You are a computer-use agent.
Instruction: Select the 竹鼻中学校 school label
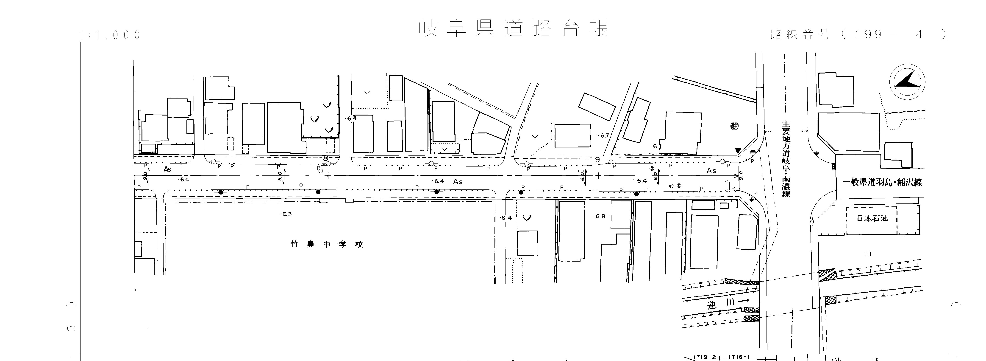pos(327,244)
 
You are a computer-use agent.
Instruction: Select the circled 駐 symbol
pos(734,126)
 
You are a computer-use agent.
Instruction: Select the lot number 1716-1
pos(736,357)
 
